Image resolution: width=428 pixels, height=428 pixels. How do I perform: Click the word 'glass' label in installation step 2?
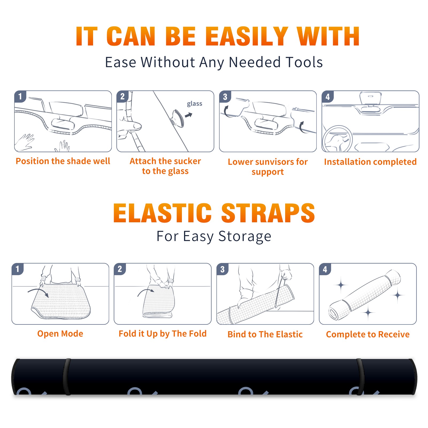tap(194, 104)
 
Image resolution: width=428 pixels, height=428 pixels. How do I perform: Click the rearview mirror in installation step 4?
tap(370, 98)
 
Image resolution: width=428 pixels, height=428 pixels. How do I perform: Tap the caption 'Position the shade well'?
tap(63, 161)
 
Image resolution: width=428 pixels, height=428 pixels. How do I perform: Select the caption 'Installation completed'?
tap(370, 162)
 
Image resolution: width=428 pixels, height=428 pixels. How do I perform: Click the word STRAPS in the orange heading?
tap(268, 213)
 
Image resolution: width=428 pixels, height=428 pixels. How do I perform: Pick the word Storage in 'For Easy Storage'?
tap(245, 236)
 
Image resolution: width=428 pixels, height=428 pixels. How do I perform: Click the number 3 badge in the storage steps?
tap(223, 269)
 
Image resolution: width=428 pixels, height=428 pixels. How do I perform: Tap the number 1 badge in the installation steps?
tap(20, 96)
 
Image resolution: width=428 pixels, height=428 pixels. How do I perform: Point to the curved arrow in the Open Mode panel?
tap(38, 292)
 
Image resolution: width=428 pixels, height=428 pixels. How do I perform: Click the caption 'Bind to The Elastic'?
tap(265, 334)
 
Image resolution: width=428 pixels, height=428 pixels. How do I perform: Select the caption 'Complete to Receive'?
tap(368, 334)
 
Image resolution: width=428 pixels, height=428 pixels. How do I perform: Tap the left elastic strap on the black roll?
tap(67, 377)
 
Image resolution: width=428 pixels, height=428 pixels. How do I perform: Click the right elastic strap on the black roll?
tap(360, 377)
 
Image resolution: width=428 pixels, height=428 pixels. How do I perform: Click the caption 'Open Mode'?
tap(60, 334)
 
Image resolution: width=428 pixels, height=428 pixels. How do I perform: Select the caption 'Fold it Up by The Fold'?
tap(163, 334)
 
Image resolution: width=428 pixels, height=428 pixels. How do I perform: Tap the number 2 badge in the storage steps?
tap(120, 269)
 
